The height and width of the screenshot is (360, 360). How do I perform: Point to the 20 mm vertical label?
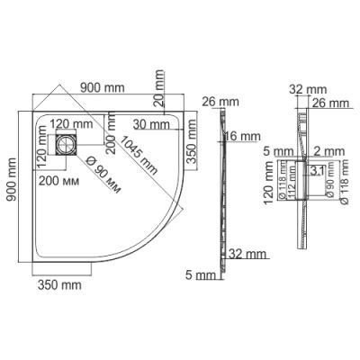pos(157,85)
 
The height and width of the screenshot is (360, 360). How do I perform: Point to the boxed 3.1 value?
pos(317,168)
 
